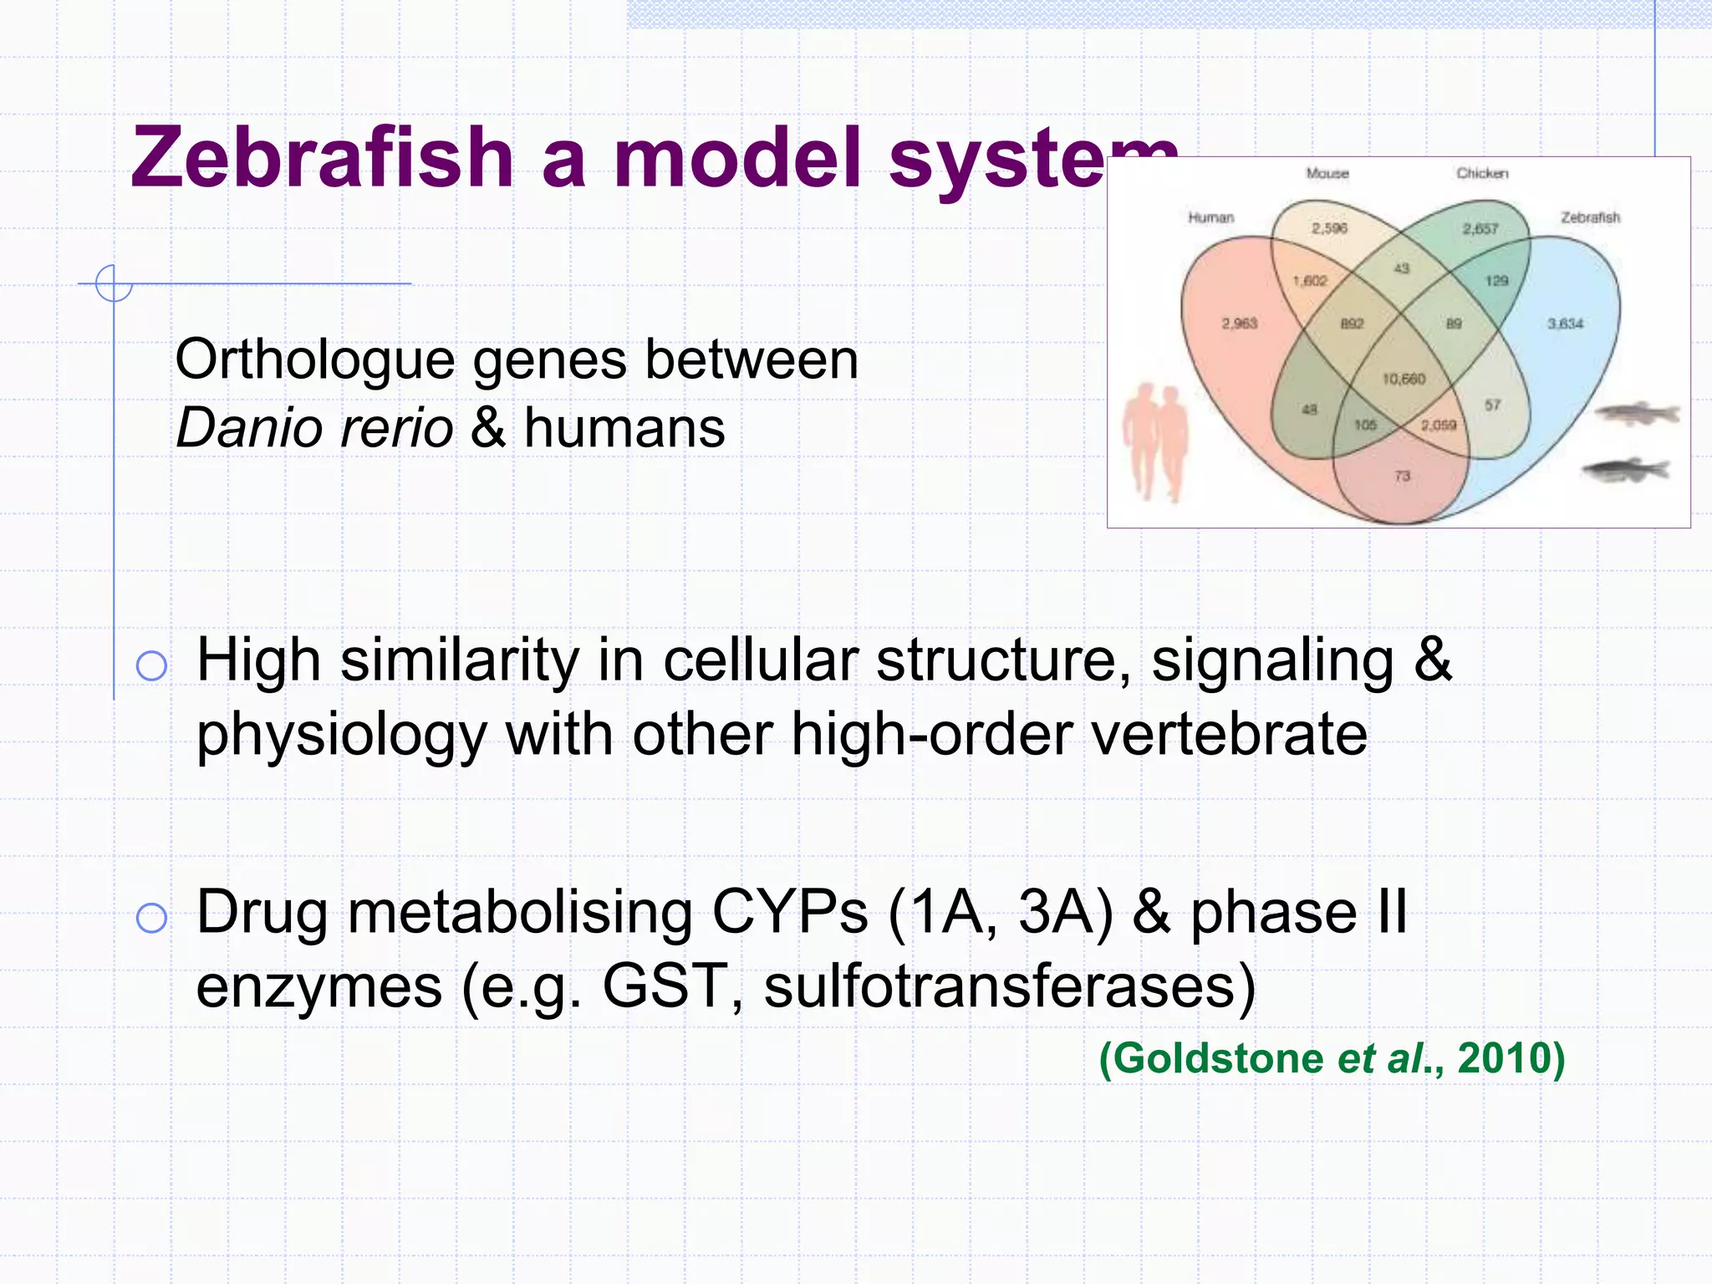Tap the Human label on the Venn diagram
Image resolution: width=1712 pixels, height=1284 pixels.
click(1210, 217)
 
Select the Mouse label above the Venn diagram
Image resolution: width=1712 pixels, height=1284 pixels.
click(1327, 173)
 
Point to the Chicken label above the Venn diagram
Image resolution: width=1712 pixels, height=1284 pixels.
click(1482, 173)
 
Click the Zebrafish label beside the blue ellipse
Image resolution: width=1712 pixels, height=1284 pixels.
click(1590, 217)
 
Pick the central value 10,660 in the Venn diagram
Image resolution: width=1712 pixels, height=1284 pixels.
click(1404, 380)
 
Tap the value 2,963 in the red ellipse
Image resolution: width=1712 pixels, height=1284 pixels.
click(1239, 324)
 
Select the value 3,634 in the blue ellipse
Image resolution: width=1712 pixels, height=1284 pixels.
click(1565, 324)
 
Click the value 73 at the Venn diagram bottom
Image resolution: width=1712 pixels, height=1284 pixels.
click(1402, 476)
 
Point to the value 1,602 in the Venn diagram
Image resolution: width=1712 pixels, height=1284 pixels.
click(1310, 281)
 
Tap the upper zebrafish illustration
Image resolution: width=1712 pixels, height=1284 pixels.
click(1637, 413)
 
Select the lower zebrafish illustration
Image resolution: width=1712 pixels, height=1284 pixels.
click(1626, 471)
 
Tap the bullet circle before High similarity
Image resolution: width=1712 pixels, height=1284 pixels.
click(151, 666)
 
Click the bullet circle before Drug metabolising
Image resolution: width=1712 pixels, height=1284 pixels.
click(151, 918)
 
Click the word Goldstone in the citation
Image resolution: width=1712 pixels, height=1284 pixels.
click(1217, 1058)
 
